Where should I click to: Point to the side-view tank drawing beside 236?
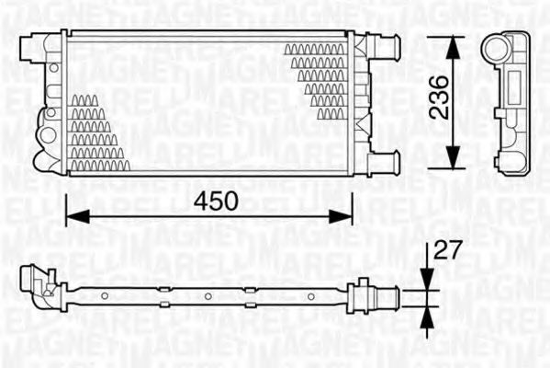coord(507,101)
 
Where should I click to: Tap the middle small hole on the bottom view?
coord(208,295)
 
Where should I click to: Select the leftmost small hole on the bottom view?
coord(106,295)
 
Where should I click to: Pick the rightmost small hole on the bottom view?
coord(310,295)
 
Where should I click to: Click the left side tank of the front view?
coord(51,101)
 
